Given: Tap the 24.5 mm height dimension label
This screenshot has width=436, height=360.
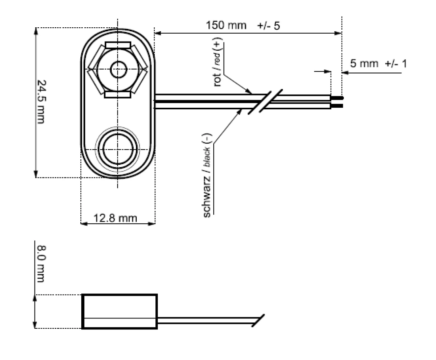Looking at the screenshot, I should (41, 101).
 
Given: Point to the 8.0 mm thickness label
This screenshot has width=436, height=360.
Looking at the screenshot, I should (41, 263).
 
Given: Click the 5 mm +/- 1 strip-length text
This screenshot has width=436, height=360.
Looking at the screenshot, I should (378, 64).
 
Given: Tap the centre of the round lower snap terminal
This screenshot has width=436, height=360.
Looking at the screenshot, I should (117, 149).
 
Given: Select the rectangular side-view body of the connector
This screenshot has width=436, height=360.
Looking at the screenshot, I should (119, 311).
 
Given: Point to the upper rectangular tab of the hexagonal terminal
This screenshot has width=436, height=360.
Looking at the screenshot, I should (117, 45).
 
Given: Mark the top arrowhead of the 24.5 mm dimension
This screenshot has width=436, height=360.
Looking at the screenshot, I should (36, 30).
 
